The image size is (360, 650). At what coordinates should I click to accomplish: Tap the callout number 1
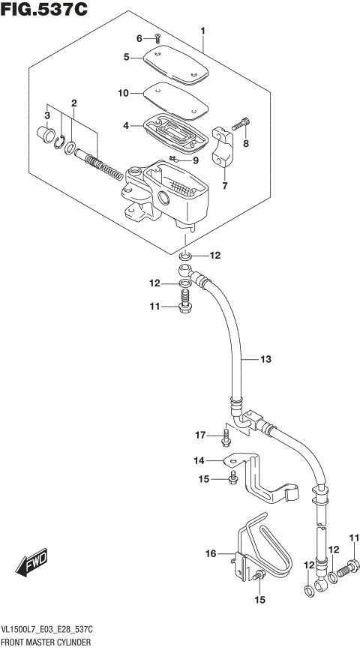tap(202, 31)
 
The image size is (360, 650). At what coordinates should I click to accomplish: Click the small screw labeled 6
tap(158, 39)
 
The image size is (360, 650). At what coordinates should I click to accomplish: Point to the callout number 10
tap(124, 93)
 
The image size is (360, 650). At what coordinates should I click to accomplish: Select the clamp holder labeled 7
tap(224, 148)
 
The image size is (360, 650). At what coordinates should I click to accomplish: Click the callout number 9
tap(195, 160)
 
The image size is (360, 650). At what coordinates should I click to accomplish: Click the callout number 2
tap(74, 103)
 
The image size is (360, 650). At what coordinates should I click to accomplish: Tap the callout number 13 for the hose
tap(265, 359)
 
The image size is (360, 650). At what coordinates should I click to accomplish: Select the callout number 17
tap(200, 435)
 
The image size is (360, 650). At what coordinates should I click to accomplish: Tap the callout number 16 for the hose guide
tap(211, 553)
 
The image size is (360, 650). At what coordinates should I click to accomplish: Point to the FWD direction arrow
tap(30, 565)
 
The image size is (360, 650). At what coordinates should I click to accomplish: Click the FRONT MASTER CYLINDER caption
tap(46, 643)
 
